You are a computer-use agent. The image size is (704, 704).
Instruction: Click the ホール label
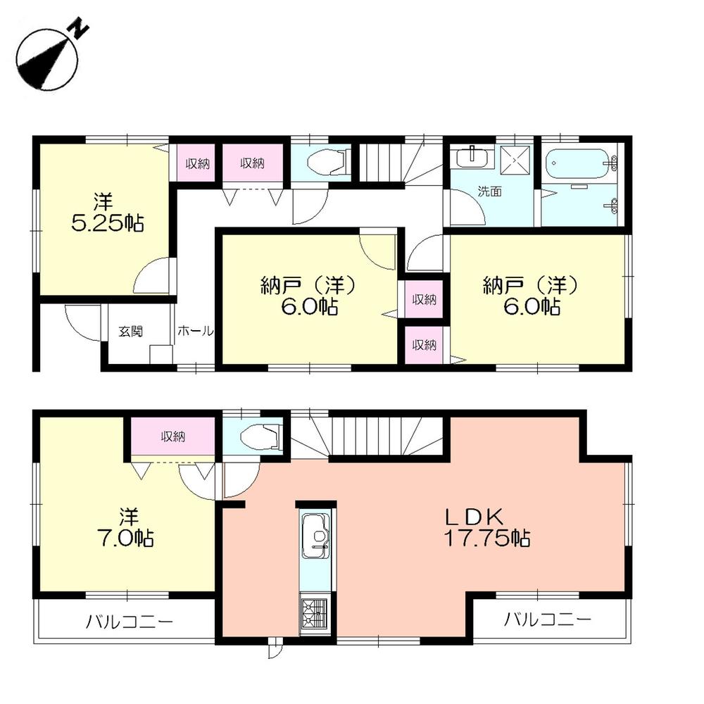pyautogui.click(x=195, y=332)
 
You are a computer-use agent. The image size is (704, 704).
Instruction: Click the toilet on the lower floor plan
pyautogui.click(x=260, y=438)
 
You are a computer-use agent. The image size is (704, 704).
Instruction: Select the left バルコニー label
pyautogui.click(x=130, y=622)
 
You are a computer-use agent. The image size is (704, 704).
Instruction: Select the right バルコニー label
pyautogui.click(x=547, y=620)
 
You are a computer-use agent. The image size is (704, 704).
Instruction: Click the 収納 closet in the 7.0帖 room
pyautogui.click(x=172, y=437)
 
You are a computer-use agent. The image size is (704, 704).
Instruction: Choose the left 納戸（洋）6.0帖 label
pyautogui.click(x=310, y=296)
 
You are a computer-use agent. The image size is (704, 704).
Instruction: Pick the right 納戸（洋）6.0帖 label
pyautogui.click(x=532, y=296)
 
